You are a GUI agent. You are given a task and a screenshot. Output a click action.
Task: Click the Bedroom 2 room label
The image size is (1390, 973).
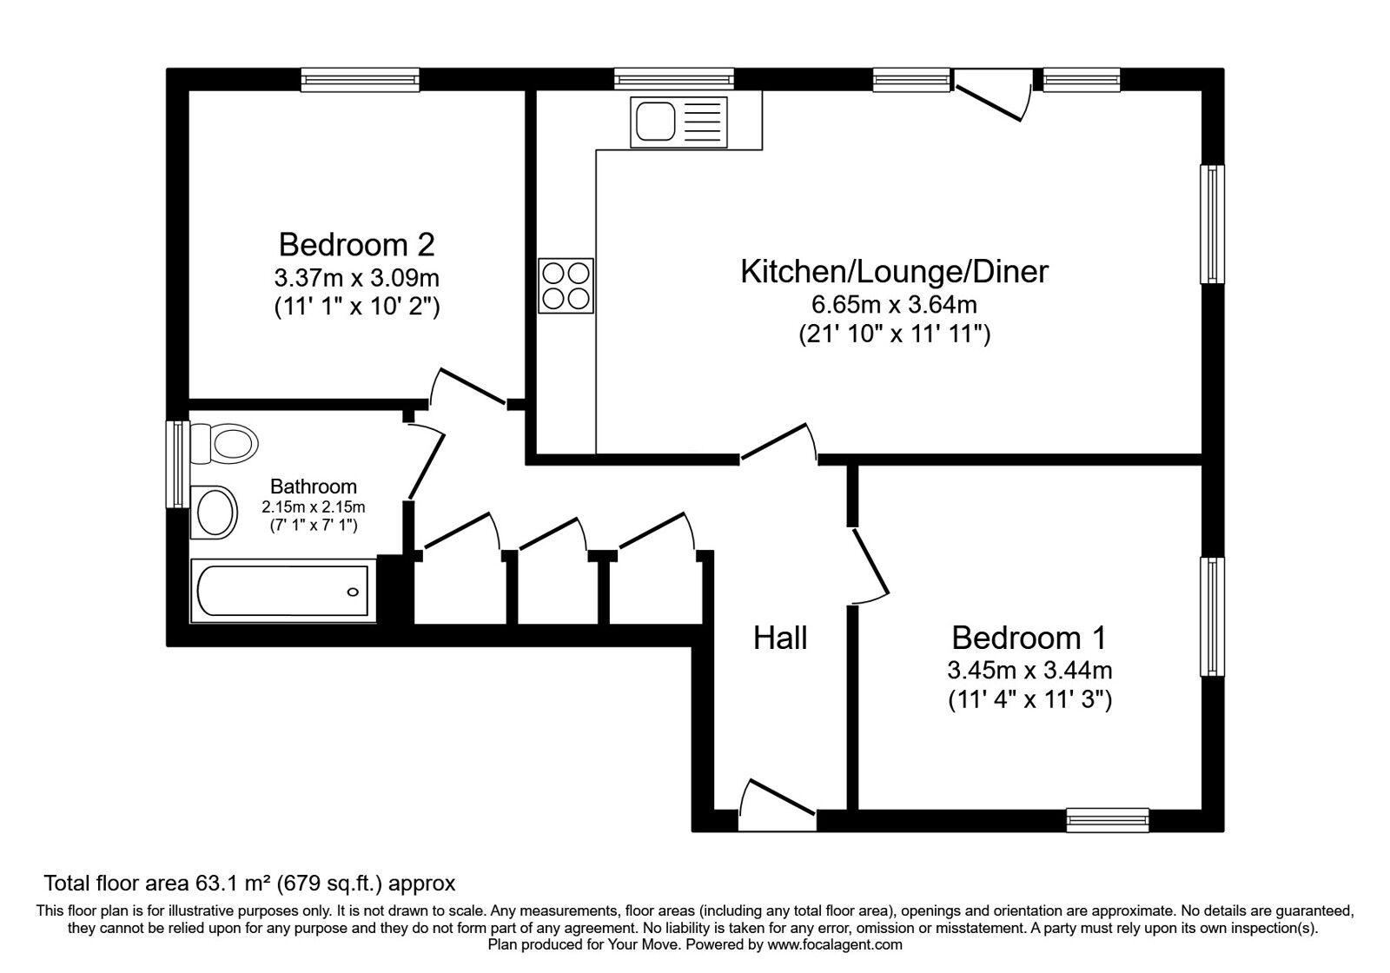click(x=356, y=244)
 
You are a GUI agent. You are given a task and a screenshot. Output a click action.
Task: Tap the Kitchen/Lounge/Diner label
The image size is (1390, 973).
click(x=894, y=271)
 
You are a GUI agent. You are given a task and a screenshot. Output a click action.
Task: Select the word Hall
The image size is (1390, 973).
click(x=780, y=638)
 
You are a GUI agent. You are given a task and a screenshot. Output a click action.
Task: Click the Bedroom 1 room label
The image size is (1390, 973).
click(x=1029, y=638)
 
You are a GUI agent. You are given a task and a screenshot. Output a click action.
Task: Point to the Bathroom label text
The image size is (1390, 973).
click(x=313, y=486)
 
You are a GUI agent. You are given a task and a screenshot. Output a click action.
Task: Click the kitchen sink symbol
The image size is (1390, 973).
click(x=680, y=121)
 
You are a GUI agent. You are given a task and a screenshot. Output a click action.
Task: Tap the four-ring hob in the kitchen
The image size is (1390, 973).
click(x=566, y=286)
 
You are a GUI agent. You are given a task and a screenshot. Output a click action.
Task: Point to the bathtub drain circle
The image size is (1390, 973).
click(x=353, y=592)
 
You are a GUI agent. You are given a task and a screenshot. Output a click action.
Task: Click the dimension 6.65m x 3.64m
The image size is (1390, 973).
click(x=894, y=305)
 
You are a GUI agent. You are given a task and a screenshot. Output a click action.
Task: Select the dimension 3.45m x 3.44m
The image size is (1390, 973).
click(x=1029, y=671)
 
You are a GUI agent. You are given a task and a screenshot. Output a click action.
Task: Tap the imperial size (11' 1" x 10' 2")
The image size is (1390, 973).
click(x=356, y=307)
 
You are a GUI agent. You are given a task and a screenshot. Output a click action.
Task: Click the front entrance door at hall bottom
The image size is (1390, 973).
click(x=777, y=804)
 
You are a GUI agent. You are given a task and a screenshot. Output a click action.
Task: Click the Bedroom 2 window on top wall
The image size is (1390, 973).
click(x=361, y=80)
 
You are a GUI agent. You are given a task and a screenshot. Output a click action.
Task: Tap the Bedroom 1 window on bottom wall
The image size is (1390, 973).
click(x=1108, y=819)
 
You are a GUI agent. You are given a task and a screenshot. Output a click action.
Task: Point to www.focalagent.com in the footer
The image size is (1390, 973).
click(x=835, y=944)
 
